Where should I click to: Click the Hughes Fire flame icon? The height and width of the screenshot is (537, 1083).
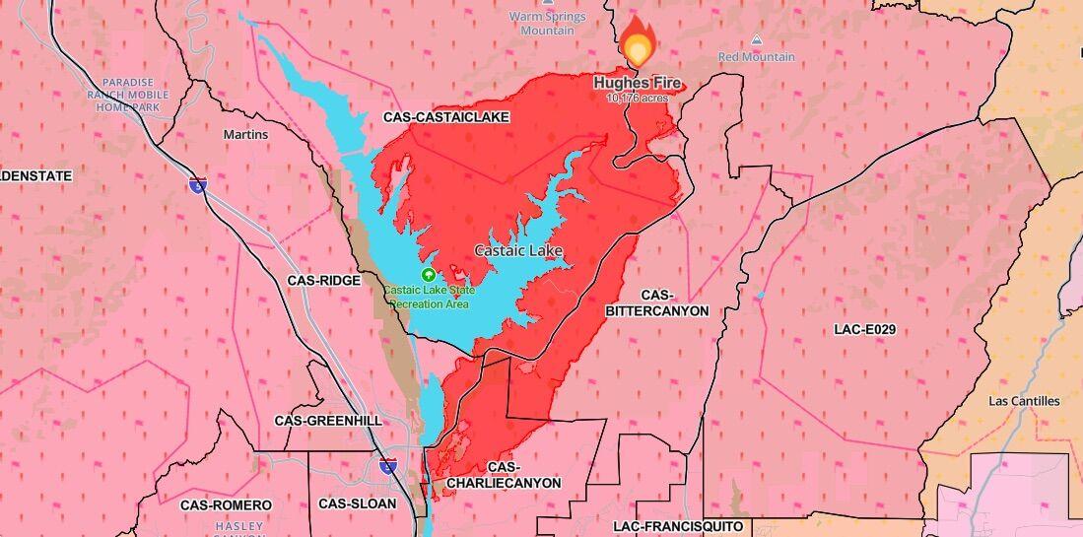(x=639, y=43)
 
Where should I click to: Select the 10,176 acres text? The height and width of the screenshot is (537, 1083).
(x=638, y=98)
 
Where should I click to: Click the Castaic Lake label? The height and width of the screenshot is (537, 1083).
(x=518, y=250)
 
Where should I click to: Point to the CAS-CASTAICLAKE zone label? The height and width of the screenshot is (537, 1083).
(x=445, y=117)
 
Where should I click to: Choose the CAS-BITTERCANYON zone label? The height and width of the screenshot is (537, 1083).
(x=657, y=302)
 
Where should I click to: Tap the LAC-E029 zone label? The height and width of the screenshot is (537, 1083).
(x=863, y=329)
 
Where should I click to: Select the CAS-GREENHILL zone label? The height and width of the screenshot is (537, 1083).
(x=328, y=420)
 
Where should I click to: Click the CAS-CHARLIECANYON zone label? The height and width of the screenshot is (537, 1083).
(x=503, y=475)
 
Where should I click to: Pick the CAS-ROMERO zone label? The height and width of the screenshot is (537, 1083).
(x=219, y=504)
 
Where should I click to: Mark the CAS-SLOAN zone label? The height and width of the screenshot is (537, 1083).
(x=357, y=503)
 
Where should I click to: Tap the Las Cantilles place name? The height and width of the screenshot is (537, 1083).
(x=1024, y=401)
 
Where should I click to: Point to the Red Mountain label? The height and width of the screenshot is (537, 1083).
(x=756, y=57)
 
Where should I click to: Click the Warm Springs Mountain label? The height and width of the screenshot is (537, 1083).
(x=547, y=23)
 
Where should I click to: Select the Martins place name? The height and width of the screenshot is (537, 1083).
(x=245, y=134)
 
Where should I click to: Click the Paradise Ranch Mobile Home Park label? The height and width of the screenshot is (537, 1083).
(x=134, y=95)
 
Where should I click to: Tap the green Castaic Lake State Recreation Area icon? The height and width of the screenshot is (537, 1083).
(x=428, y=275)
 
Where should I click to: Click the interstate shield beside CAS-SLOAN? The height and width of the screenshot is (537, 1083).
(x=389, y=466)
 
